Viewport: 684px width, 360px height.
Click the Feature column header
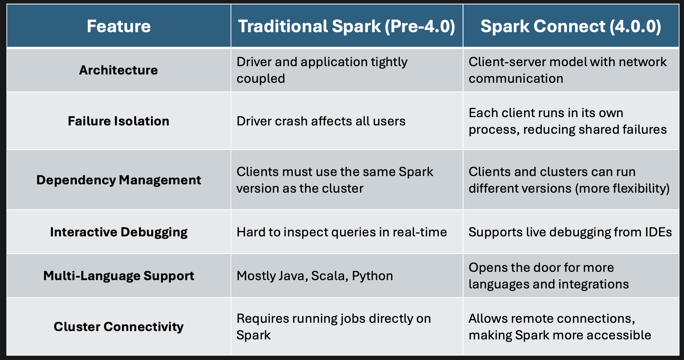pos(119,26)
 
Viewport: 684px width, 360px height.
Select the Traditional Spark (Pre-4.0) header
pos(346,26)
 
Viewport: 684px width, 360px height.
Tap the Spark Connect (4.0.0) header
pos(570,26)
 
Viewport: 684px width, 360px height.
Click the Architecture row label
pos(119,70)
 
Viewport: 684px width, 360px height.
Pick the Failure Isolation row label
pos(119,121)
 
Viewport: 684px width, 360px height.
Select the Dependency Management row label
pos(119,180)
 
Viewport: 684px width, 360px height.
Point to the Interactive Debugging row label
pos(119,232)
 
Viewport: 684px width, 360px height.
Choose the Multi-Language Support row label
pos(119,276)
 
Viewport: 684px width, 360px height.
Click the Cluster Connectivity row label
pos(119,327)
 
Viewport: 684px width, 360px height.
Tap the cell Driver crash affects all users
pos(321,121)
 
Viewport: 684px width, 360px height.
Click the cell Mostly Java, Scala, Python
pos(315,276)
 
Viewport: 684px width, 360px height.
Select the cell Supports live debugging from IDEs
pos(570,232)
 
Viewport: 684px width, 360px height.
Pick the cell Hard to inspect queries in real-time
pos(342,232)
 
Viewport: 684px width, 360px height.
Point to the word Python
pos(372,276)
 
